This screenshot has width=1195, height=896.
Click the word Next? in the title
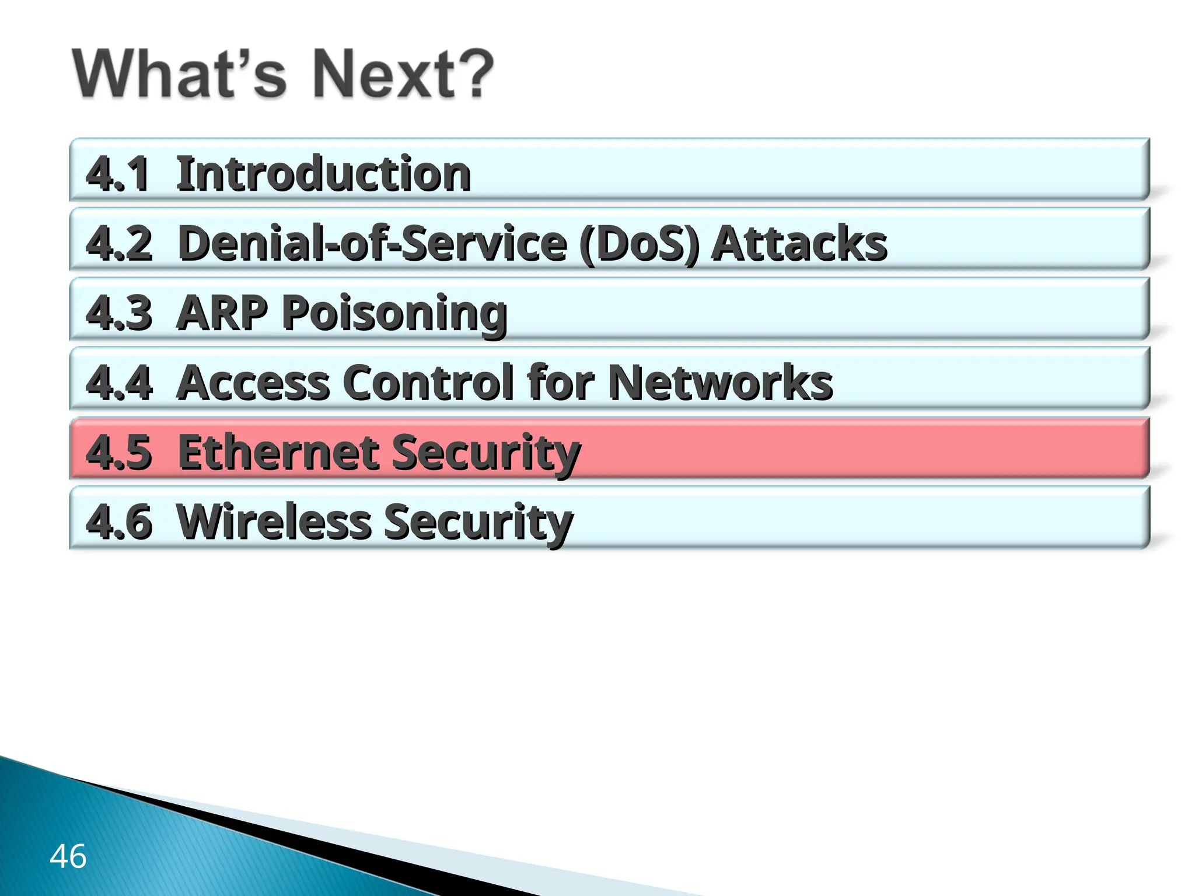(403, 75)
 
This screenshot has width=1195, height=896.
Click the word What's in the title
(180, 75)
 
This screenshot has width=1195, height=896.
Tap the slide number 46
(68, 856)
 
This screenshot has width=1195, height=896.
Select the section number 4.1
(117, 174)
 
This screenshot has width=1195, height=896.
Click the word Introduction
(323, 174)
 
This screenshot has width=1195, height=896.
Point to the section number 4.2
(119, 243)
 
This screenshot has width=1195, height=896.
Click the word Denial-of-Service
(372, 243)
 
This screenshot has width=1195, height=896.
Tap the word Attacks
(799, 243)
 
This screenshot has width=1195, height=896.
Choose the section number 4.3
(119, 313)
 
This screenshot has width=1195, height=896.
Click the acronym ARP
(222, 313)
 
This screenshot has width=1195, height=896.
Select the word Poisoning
(394, 314)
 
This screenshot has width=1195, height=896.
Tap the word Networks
(720, 383)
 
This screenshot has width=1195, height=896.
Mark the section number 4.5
(119, 452)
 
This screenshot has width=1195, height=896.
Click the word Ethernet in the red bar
(277, 452)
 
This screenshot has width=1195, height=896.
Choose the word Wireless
(273, 521)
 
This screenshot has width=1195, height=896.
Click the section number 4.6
(119, 521)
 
